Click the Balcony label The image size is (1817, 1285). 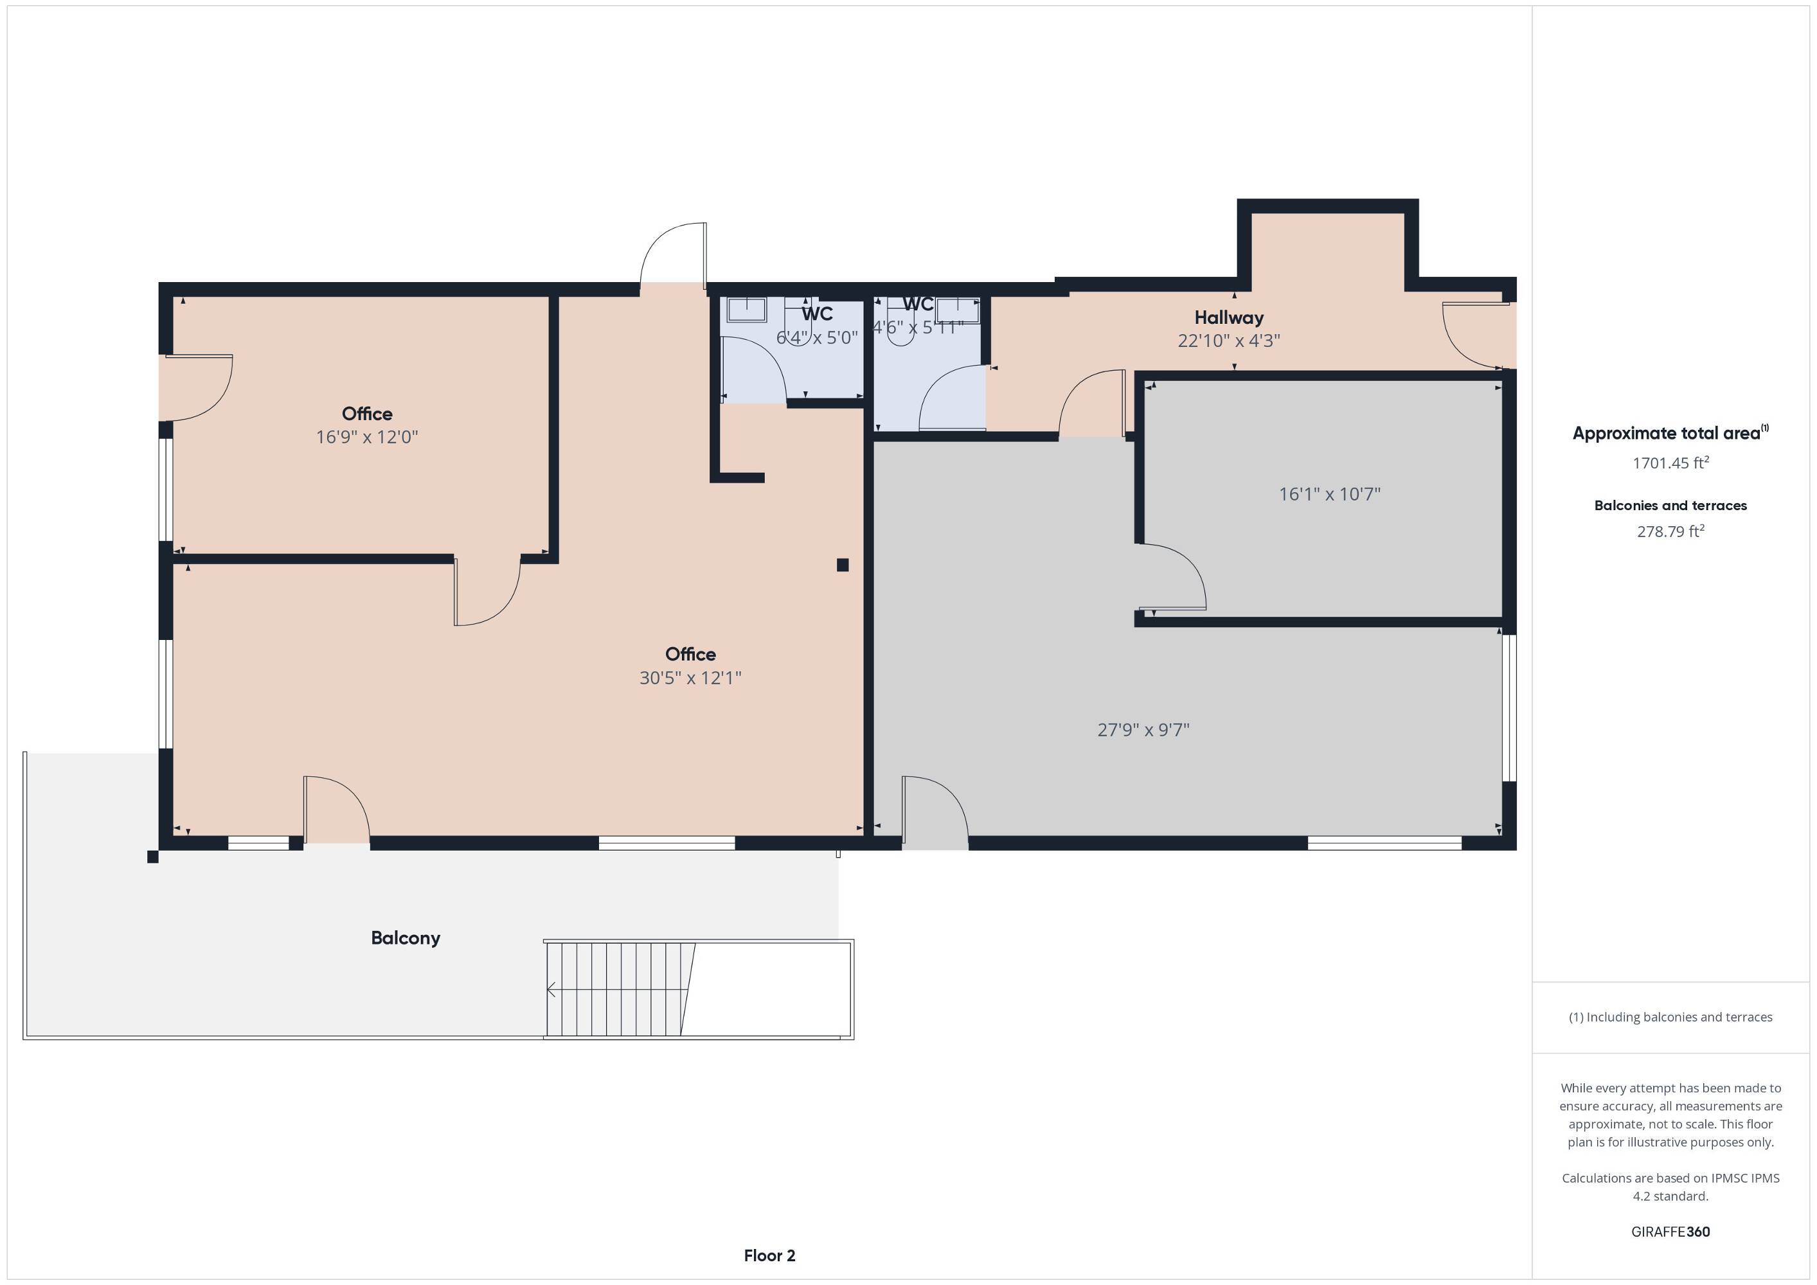[405, 939]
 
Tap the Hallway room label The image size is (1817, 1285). [1228, 317]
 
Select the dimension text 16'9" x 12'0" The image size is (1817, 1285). [366, 437]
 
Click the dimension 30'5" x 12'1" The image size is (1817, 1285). [690, 677]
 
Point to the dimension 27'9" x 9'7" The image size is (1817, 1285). [1143, 729]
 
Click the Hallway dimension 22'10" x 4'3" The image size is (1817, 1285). [1228, 341]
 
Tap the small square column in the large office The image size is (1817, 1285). [843, 565]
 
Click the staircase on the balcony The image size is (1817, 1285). [620, 989]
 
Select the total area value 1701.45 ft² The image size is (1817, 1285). [1670, 462]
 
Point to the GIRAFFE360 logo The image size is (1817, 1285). [1670, 1232]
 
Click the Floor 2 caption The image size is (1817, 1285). [769, 1255]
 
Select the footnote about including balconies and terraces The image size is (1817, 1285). [1670, 1017]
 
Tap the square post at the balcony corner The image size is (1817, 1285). [153, 857]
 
